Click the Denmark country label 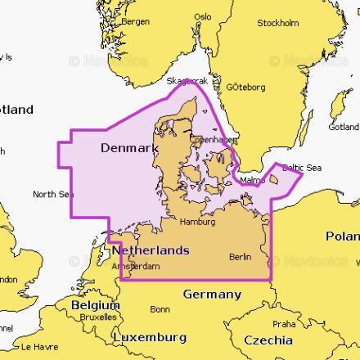click(x=128, y=148)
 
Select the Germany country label click(x=212, y=295)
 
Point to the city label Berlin click(x=241, y=257)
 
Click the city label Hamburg click(x=196, y=222)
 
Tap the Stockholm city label click(x=277, y=23)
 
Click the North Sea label click(x=52, y=194)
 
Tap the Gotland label click(x=344, y=127)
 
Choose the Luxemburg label click(x=150, y=337)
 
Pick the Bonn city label click(x=160, y=309)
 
